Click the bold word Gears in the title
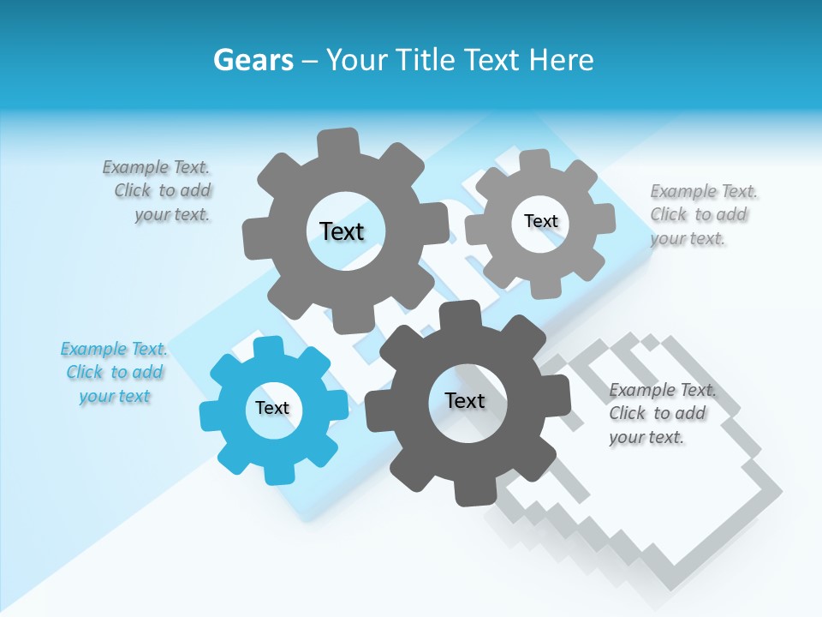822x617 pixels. click(253, 60)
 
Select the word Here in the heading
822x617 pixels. click(561, 60)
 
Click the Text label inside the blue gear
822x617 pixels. click(272, 409)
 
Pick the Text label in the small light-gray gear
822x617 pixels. click(540, 221)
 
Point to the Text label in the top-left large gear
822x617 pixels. click(342, 231)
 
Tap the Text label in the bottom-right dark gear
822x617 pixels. click(465, 401)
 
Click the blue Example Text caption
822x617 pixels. click(114, 373)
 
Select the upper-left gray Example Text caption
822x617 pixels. click(158, 190)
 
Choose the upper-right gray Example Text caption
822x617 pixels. click(702, 214)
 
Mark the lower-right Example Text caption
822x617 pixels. click(661, 413)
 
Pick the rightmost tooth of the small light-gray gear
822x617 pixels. click(605, 219)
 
